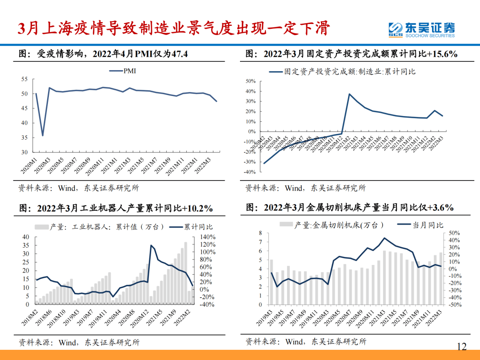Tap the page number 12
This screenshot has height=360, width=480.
(462, 346)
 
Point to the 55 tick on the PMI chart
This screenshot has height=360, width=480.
(24, 80)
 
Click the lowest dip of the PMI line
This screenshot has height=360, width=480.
(43, 136)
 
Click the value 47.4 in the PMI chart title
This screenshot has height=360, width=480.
(179, 54)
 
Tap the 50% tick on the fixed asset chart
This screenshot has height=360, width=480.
(250, 81)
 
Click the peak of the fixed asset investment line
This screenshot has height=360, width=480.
(349, 94)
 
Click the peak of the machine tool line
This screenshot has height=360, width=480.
(384, 238)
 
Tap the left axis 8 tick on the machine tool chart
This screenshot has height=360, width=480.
(260, 233)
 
